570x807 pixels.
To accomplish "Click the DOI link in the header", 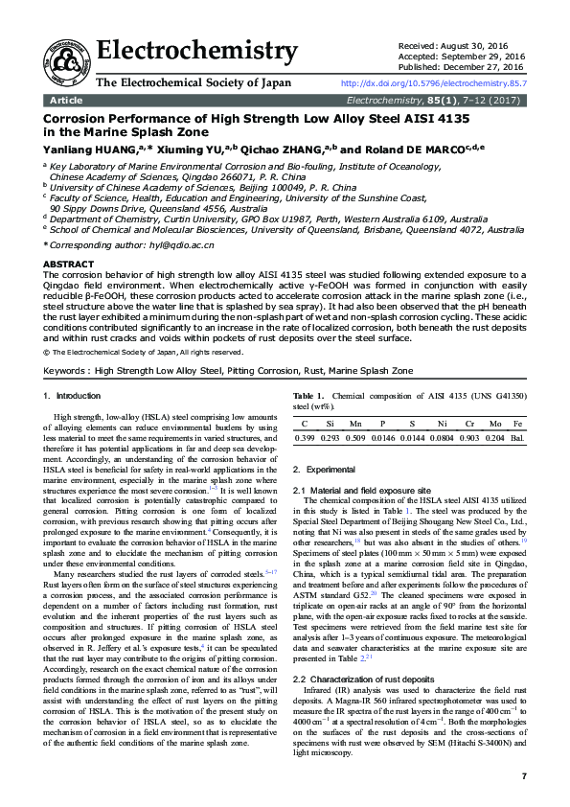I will click(433, 84).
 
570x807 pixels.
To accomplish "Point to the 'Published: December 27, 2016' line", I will click(459, 68).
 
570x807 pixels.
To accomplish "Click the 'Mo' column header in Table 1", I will click(493, 423).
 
